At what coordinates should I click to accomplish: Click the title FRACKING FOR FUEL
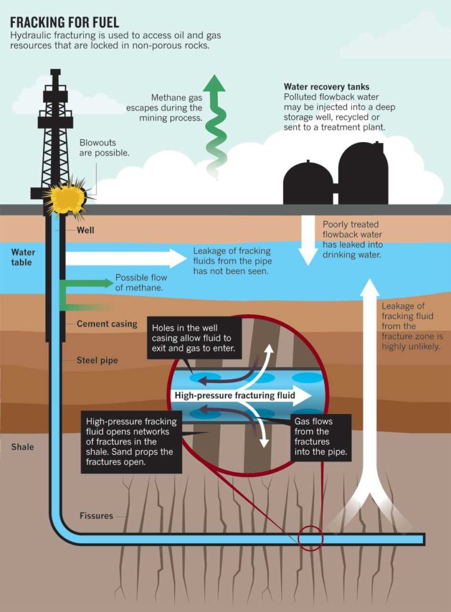click(x=65, y=22)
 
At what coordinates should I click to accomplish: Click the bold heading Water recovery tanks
click(x=326, y=87)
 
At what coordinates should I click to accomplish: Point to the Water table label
click(x=22, y=257)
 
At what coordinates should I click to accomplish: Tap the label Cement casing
click(x=107, y=324)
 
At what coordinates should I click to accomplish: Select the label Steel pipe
click(x=97, y=360)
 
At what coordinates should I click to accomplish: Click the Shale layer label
click(x=22, y=447)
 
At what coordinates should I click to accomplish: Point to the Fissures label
click(x=96, y=516)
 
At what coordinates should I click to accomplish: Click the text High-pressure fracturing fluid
click(x=234, y=395)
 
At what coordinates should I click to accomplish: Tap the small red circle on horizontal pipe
click(x=311, y=538)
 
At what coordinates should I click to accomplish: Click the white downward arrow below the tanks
click(x=308, y=238)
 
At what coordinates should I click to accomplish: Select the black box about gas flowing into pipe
click(x=320, y=438)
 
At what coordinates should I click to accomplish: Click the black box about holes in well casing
click(x=194, y=338)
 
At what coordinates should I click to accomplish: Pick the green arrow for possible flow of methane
click(x=88, y=283)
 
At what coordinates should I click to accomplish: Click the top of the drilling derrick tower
click(x=55, y=74)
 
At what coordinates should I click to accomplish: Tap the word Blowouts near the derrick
click(x=98, y=143)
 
